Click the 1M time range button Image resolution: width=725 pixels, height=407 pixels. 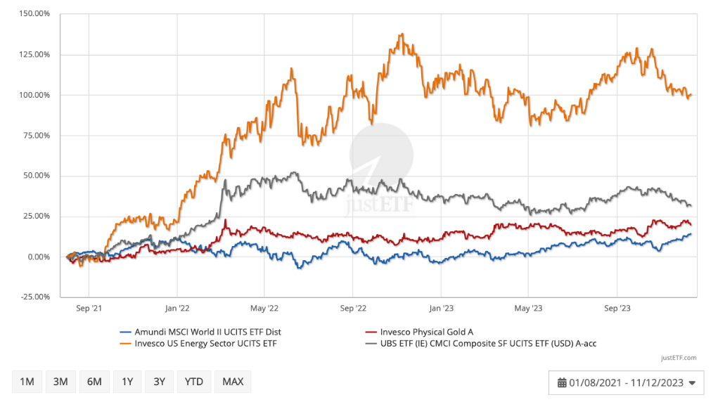[x=27, y=382]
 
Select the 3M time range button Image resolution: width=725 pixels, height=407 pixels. [x=60, y=382]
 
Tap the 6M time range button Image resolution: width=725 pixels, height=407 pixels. [x=94, y=382]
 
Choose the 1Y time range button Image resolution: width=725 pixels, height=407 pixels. [x=127, y=382]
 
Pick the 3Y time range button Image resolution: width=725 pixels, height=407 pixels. [x=160, y=382]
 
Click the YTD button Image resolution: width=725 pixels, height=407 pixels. [x=193, y=382]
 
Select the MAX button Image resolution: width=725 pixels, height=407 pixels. [x=233, y=382]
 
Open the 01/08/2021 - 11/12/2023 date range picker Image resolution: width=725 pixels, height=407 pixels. [x=626, y=382]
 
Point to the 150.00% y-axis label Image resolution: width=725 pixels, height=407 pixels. [x=31, y=13]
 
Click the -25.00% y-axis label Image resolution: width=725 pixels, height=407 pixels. [x=31, y=297]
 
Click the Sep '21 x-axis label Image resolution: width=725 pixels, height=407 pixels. [x=89, y=307]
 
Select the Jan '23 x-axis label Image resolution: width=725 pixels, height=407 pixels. [x=441, y=307]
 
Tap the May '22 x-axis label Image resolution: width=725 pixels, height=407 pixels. [x=264, y=307]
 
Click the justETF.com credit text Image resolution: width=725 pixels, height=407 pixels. [x=679, y=358]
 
